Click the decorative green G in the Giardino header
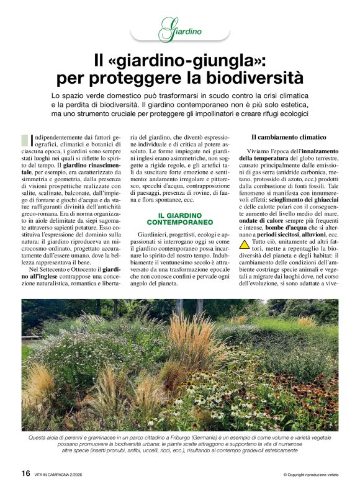(166, 30)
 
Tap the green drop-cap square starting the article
(24, 140)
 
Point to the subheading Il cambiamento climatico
(288, 136)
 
